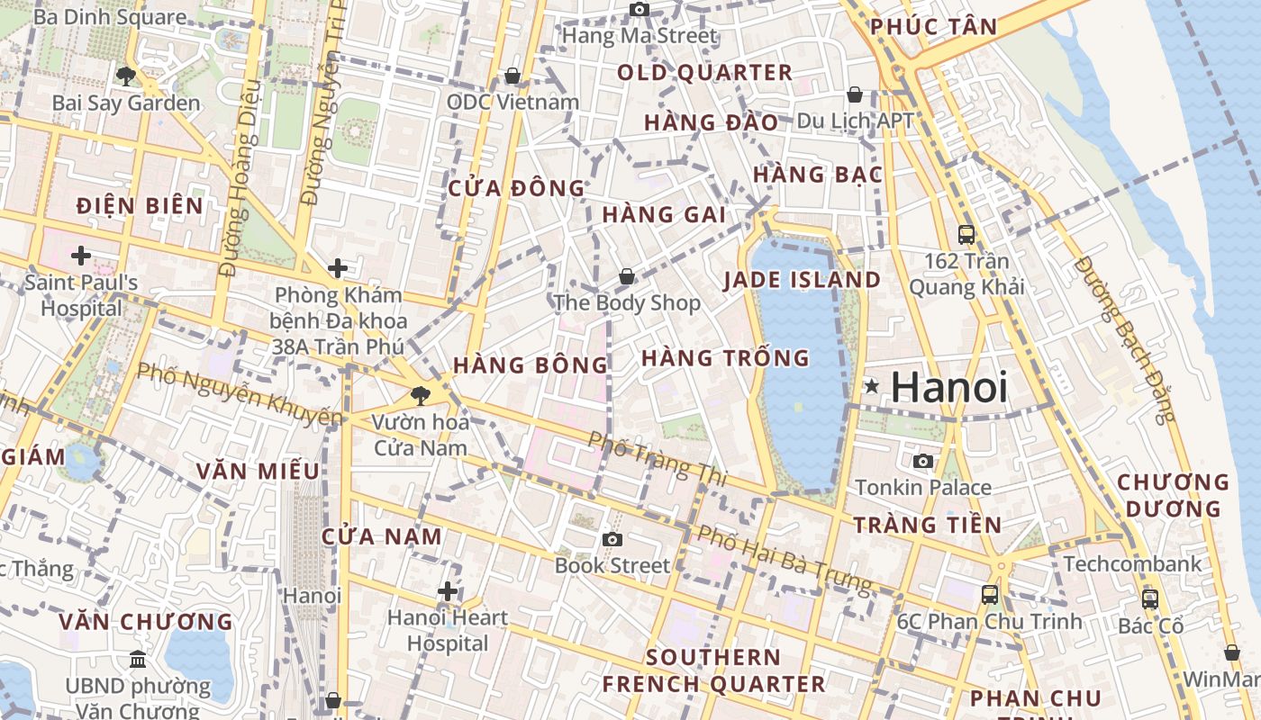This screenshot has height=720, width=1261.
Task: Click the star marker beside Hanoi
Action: click(871, 387)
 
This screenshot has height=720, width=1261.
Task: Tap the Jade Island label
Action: click(802, 280)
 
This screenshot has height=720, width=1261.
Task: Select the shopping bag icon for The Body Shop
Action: click(626, 276)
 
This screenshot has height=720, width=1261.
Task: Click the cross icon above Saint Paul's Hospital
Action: click(81, 256)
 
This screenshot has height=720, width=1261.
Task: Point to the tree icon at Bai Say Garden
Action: click(126, 76)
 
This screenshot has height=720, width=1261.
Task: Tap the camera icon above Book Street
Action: click(612, 539)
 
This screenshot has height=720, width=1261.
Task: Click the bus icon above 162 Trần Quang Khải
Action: click(966, 235)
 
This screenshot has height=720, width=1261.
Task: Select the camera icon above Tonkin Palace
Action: click(923, 462)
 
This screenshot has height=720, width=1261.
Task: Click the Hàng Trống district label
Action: click(725, 358)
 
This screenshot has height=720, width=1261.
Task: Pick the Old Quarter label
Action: click(704, 73)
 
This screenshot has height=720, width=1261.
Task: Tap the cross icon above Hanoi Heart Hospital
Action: click(448, 591)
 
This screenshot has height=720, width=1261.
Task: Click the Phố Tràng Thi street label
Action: click(657, 458)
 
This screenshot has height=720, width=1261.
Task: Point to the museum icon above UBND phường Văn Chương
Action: click(138, 660)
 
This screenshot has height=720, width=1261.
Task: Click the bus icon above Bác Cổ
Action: click(1149, 598)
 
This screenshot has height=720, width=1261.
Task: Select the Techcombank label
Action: click(1132, 564)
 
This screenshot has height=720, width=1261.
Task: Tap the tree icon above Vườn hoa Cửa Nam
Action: click(420, 394)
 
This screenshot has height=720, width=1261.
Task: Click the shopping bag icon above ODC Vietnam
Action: click(513, 76)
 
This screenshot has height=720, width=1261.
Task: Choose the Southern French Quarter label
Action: click(713, 670)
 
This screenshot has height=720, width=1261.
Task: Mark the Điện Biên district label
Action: click(140, 206)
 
